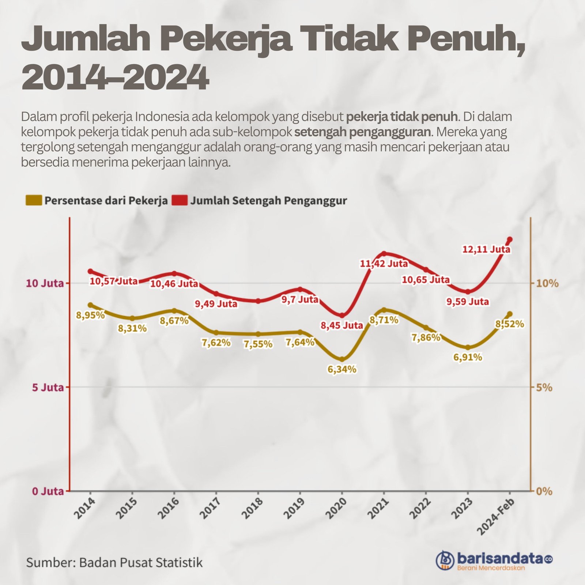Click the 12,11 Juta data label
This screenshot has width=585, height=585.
point(486,249)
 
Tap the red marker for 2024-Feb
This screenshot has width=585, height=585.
point(510,239)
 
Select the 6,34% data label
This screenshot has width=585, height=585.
point(342,369)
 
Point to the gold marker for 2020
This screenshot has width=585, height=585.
point(342,359)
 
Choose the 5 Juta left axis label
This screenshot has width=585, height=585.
point(48,387)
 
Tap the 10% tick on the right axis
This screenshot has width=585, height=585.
point(547,283)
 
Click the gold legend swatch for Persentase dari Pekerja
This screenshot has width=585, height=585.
point(34,200)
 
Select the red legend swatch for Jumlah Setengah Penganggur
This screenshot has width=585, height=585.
point(179,200)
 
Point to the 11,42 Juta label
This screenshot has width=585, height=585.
point(384,263)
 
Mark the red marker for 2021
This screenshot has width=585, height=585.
point(384,253)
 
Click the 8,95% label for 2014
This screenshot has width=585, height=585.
point(90,315)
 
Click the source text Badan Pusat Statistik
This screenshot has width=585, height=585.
point(141,562)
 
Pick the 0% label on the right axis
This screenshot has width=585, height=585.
point(544,491)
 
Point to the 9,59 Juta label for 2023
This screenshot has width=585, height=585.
point(468,302)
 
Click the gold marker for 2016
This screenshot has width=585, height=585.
point(174,311)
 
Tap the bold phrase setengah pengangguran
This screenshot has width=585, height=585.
point(362,132)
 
